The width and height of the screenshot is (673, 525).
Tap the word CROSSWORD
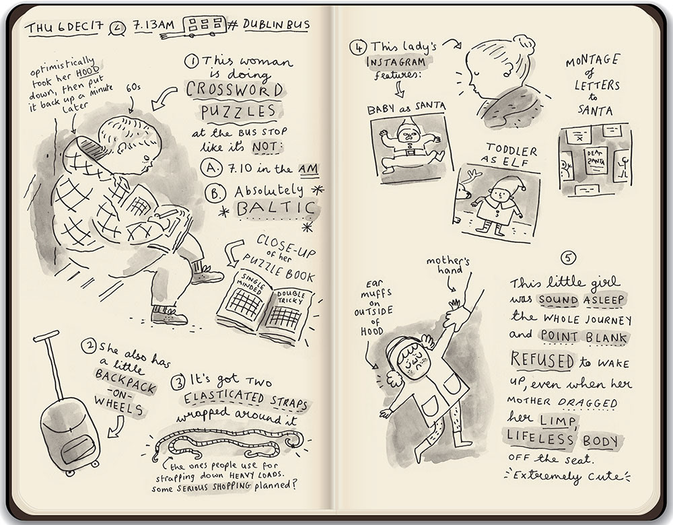click(x=235, y=90)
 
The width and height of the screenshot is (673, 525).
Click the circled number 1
click(x=191, y=61)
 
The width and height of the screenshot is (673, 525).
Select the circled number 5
click(x=568, y=258)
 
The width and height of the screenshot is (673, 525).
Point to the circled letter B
click(x=215, y=193)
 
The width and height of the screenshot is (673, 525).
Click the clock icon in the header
click(x=116, y=28)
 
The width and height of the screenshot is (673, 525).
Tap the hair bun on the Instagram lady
click(x=524, y=44)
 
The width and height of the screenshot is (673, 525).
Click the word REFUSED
click(x=542, y=360)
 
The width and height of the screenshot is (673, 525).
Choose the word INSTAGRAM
click(x=396, y=62)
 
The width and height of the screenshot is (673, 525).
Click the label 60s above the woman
click(x=133, y=87)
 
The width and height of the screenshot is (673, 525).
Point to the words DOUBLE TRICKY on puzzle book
click(x=291, y=297)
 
